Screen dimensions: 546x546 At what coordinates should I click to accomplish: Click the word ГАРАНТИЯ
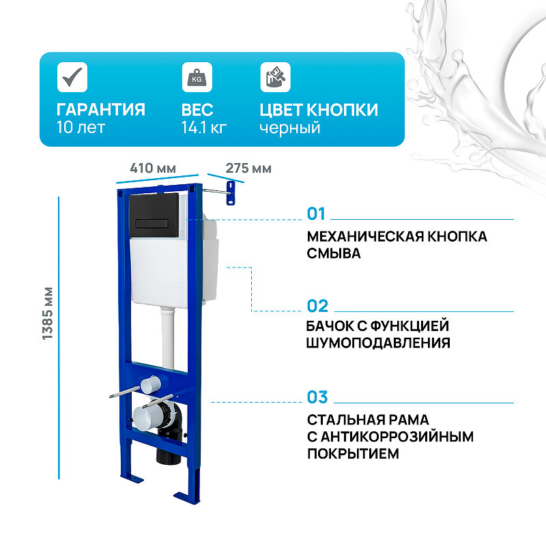[101, 110]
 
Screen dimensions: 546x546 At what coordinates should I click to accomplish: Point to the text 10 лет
[81, 128]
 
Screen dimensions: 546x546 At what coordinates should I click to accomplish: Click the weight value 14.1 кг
[204, 128]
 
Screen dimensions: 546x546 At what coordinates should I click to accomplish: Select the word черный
[289, 128]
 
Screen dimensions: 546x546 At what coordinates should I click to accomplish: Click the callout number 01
[317, 214]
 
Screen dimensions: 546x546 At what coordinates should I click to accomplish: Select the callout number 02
[317, 306]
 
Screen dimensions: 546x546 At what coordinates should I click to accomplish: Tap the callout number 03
[317, 397]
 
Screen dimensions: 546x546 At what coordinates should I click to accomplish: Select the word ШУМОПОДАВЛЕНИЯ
[378, 343]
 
